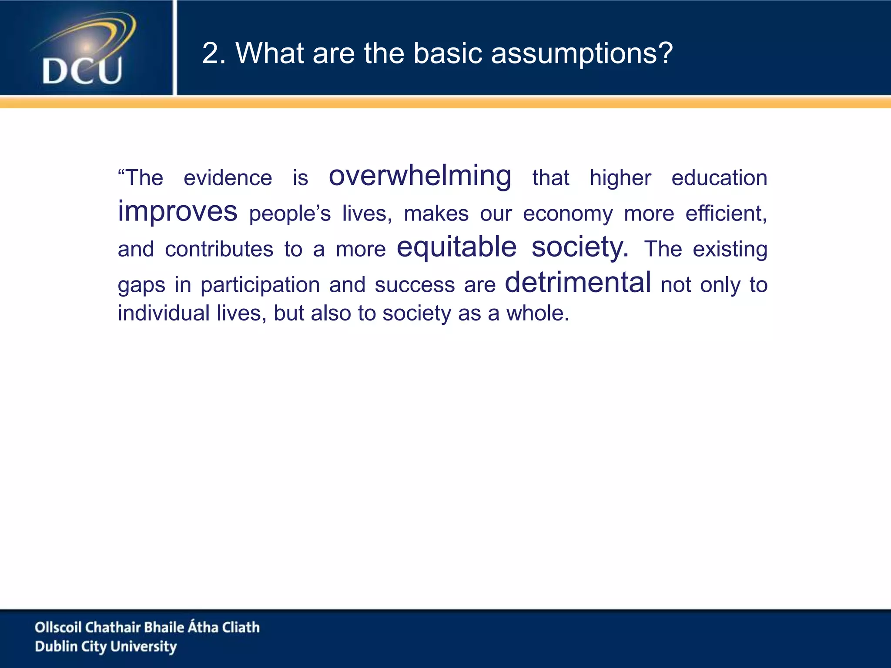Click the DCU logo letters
82,71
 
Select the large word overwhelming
420,176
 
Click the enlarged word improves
178,211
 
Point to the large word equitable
456,247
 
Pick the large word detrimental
578,283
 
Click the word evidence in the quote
228,178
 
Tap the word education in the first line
719,178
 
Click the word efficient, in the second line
726,214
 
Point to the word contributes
219,249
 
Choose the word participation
260,285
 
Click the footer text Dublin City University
106,647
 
